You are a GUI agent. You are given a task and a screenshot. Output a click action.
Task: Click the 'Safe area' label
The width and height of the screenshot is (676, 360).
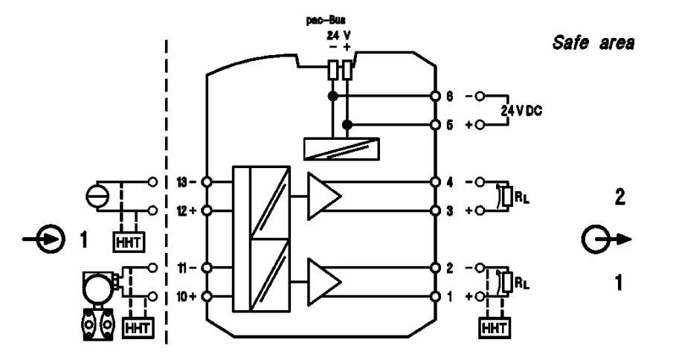coord(593,43)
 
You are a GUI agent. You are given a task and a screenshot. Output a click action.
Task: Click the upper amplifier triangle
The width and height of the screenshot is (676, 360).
coord(324,196)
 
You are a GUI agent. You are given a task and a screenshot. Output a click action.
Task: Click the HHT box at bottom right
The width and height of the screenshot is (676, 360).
coord(492,325)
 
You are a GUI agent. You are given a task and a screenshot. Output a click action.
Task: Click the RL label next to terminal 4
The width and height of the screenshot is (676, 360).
coord(523,197)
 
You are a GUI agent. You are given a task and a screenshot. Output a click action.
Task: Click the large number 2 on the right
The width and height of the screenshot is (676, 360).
coord(619,199)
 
